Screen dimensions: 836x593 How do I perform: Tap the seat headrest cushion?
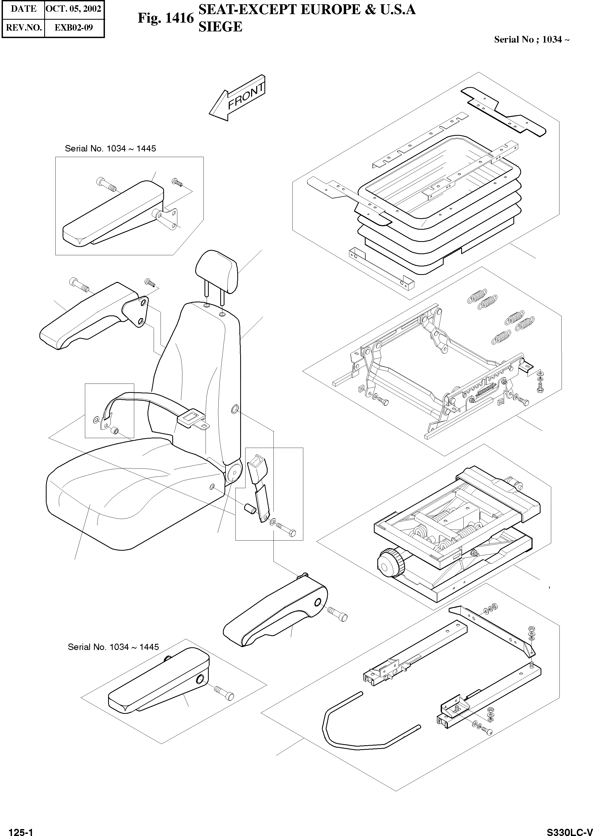pyautogui.click(x=217, y=269)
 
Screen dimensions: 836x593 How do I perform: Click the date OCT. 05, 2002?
pyautogui.click(x=74, y=9)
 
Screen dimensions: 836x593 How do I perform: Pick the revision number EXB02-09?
pyautogui.click(x=74, y=28)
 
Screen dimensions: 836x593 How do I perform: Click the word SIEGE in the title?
pyautogui.click(x=220, y=27)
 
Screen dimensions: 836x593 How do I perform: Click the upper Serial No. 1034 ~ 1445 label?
pyautogui.click(x=110, y=149)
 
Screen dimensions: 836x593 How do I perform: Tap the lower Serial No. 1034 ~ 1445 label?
pyautogui.click(x=113, y=647)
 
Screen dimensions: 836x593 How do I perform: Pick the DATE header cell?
pyautogui.click(x=23, y=9)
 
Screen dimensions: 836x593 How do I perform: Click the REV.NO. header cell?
pyautogui.click(x=23, y=28)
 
